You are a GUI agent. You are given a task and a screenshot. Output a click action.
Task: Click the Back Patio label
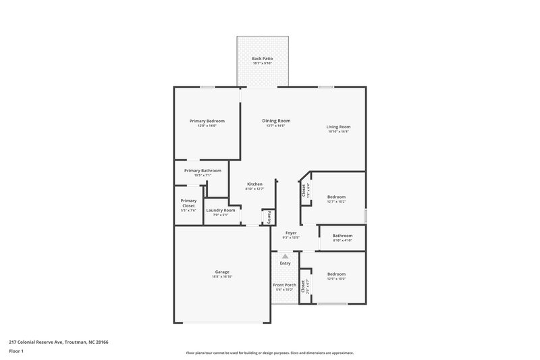(x=262, y=59)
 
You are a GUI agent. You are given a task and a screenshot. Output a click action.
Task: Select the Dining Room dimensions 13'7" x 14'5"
(x=275, y=126)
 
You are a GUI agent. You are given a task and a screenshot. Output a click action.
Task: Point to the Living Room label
(x=338, y=126)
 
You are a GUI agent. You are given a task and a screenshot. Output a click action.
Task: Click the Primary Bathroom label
(x=202, y=171)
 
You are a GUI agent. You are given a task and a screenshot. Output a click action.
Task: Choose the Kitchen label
(x=254, y=184)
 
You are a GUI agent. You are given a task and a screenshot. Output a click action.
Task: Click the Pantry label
(x=269, y=217)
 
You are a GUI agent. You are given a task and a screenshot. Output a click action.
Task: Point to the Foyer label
(x=291, y=233)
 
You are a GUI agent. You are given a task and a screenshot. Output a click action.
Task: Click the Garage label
(x=222, y=272)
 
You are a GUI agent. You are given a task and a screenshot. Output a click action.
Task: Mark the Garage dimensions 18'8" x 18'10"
(x=222, y=277)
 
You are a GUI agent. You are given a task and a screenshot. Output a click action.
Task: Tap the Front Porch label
(x=284, y=285)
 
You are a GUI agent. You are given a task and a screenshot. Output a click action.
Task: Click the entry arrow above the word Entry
(x=286, y=256)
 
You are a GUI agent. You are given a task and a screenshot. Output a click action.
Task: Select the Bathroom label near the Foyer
(x=342, y=236)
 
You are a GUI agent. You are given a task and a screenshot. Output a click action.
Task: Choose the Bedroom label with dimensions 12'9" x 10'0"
(x=336, y=274)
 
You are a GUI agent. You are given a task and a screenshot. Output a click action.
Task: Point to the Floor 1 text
(x=16, y=352)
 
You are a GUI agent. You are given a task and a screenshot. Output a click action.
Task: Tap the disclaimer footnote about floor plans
(x=270, y=353)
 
